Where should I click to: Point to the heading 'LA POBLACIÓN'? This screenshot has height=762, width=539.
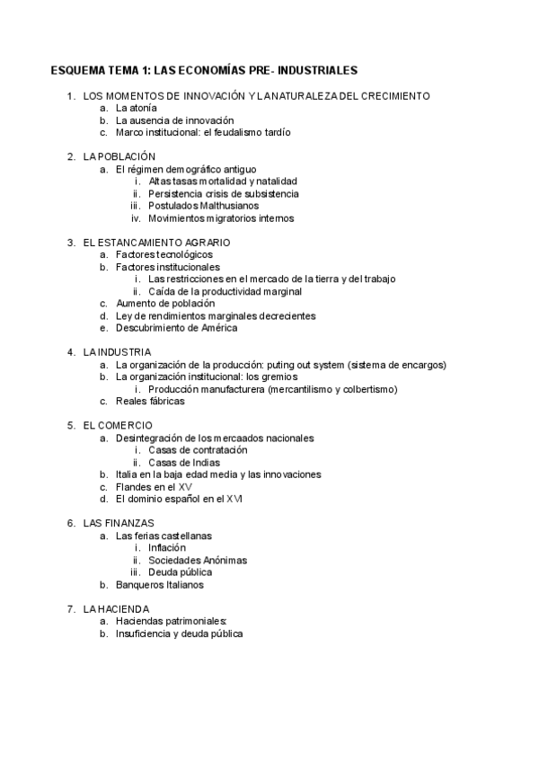coord(119,156)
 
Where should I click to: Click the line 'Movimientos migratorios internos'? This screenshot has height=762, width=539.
coord(221,217)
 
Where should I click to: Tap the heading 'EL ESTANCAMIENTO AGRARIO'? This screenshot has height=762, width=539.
coord(156,242)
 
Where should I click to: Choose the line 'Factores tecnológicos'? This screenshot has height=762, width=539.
coord(163,254)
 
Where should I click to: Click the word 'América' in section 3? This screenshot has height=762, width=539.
coord(219,328)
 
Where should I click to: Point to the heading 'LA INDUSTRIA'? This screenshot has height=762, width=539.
coord(117,352)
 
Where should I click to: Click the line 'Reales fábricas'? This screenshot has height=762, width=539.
coord(150,402)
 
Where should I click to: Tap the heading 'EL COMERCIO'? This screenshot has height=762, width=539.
coord(118,425)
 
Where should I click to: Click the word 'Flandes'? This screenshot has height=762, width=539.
coord(134,486)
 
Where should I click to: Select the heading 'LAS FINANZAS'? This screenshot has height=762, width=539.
coord(119,523)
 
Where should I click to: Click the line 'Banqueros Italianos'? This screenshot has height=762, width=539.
coord(160,584)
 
